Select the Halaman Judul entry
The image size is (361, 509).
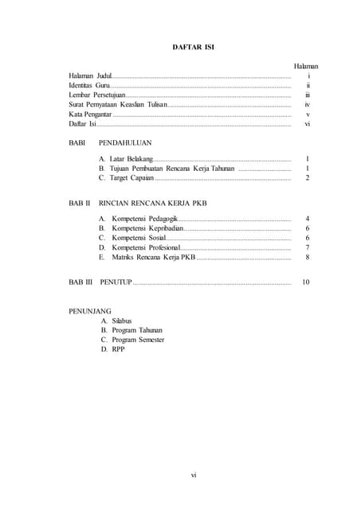[x=90, y=76]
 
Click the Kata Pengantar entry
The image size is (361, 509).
[x=90, y=115]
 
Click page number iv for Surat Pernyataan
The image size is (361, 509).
[x=307, y=105]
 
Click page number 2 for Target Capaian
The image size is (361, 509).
[x=307, y=178]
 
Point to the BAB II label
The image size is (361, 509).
[x=80, y=203]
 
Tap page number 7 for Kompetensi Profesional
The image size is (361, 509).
[x=307, y=247]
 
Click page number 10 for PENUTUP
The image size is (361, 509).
[x=306, y=282]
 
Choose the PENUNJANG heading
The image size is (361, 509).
[x=90, y=310]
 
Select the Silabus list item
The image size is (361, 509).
[x=122, y=321]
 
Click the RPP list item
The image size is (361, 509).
[x=118, y=349]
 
